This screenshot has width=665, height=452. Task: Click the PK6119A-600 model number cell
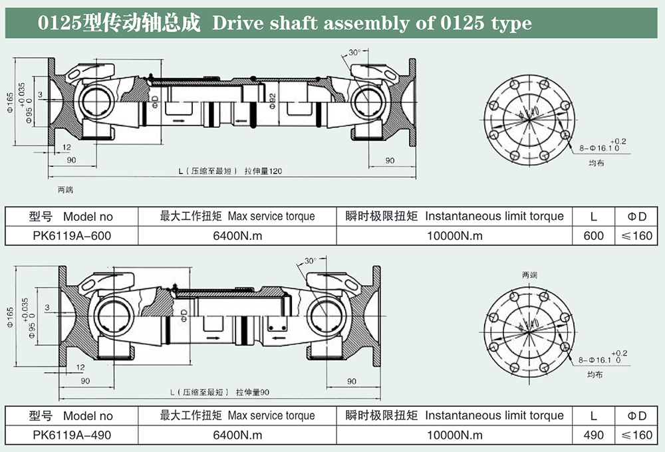[x=72, y=235]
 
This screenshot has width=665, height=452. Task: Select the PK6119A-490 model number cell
[x=72, y=435]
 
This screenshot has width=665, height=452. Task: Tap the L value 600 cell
[x=593, y=235]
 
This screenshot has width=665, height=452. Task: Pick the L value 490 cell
[x=593, y=435]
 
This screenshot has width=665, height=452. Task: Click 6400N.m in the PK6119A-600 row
[x=237, y=235]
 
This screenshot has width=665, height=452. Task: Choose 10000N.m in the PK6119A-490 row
[x=456, y=435]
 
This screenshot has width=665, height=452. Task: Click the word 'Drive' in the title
[x=236, y=24]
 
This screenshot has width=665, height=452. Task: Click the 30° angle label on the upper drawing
[x=354, y=52]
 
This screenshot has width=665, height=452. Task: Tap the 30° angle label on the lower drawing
[x=311, y=261]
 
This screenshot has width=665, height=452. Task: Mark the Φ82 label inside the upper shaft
[x=273, y=100]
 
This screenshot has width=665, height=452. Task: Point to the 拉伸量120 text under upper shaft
[x=264, y=171]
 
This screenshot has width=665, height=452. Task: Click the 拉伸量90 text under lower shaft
[x=253, y=392]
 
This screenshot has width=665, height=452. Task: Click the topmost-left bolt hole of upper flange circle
[x=513, y=84]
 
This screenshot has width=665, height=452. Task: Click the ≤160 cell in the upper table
[x=637, y=235]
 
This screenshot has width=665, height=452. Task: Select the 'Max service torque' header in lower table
[x=271, y=415]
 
